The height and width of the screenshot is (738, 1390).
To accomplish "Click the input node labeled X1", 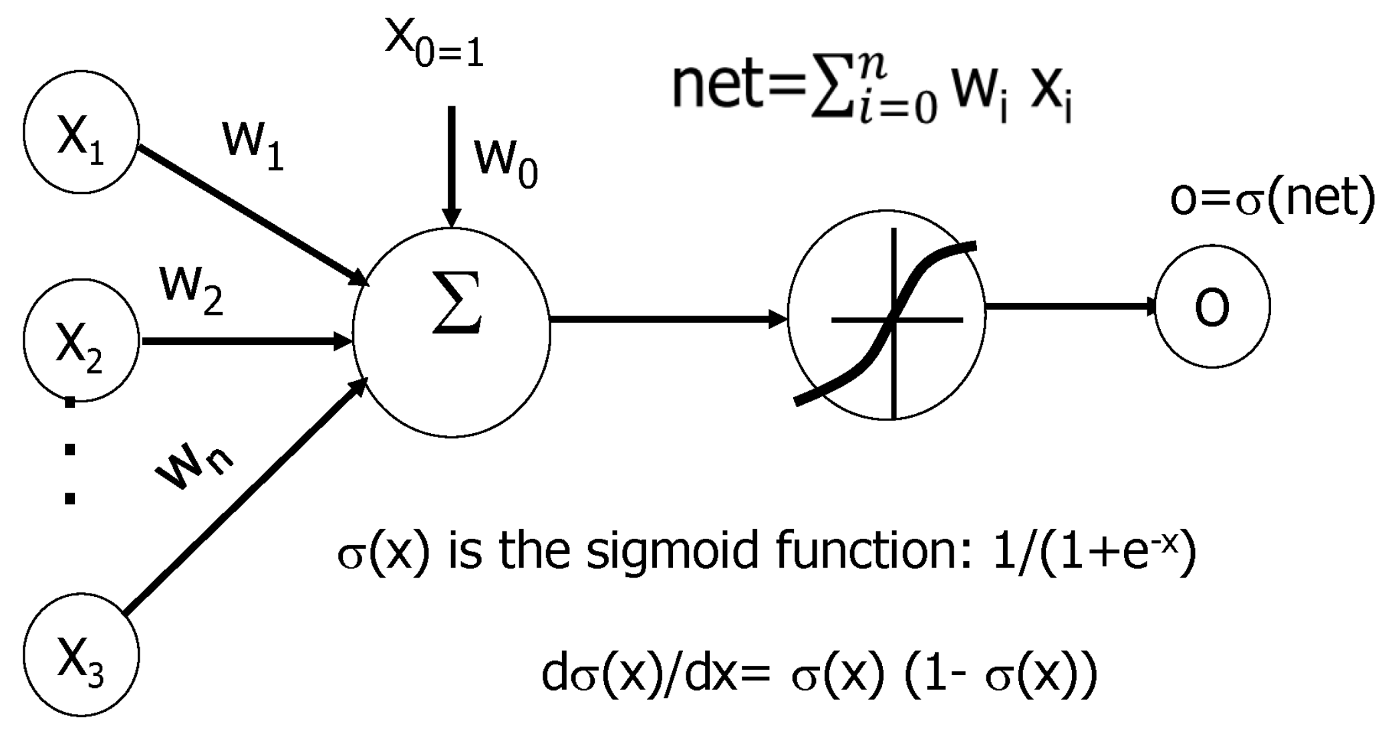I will click(x=81, y=132).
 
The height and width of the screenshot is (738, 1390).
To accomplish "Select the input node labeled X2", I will click(x=81, y=340).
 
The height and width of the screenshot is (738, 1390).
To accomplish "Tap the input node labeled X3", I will click(x=81, y=654).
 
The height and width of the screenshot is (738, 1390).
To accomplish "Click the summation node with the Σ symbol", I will click(x=452, y=332).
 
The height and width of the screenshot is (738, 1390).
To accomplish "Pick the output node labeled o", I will click(x=1212, y=306).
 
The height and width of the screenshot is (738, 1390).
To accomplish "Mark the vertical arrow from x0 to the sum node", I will click(x=452, y=167).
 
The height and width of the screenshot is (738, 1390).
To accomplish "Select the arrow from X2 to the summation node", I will click(x=247, y=341).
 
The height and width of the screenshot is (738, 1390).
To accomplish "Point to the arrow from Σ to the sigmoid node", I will click(x=668, y=319).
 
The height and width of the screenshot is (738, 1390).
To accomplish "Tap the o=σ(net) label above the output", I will click(x=1272, y=198).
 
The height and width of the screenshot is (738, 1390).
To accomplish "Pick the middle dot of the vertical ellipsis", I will click(x=69, y=449).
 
